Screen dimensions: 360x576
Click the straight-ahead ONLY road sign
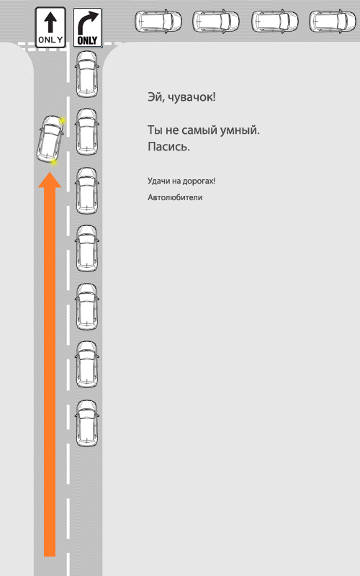(50, 27)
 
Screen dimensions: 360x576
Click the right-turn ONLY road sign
(87, 27)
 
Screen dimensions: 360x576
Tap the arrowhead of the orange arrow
(50, 179)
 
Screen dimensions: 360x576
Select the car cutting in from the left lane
(50, 139)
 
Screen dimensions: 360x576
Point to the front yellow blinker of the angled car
(63, 120)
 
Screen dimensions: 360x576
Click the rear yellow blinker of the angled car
(53, 161)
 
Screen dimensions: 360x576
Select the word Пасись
(168, 147)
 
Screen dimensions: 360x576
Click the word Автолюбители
(175, 197)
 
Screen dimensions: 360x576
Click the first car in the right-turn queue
(87, 74)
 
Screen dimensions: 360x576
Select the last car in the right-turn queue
(87, 423)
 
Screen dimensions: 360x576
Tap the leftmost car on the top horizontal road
(158, 21)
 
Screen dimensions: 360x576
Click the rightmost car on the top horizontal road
(333, 21)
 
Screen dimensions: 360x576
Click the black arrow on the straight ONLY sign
(50, 22)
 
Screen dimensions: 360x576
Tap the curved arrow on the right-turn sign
(87, 23)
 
